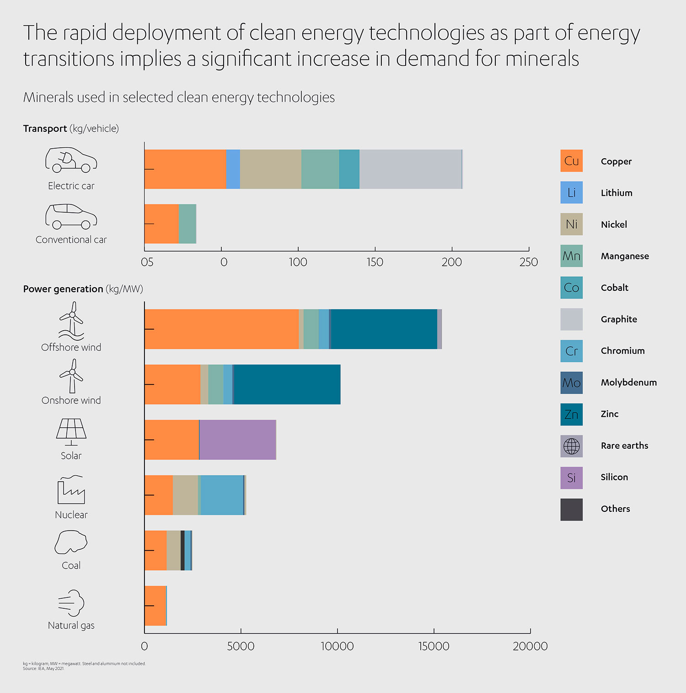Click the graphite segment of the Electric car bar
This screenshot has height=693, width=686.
tap(410, 169)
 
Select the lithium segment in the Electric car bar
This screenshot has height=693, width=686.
tap(233, 169)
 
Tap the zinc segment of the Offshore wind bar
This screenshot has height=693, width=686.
tap(384, 329)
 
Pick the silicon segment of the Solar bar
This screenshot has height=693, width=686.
tap(237, 440)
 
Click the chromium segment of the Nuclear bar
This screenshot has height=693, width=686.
tap(222, 495)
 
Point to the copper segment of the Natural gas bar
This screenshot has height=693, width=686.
tap(155, 606)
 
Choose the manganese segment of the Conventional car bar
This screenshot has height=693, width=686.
tap(187, 224)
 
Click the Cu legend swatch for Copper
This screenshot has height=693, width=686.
tap(572, 161)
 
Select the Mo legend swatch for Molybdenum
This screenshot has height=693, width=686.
tap(572, 382)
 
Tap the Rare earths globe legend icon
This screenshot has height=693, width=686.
tap(572, 446)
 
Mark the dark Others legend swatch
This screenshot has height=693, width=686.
tap(572, 509)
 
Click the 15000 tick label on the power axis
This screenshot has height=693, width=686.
tap(434, 646)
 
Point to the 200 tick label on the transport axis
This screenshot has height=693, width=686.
tap(451, 262)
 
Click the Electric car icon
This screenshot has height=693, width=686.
tap(71, 160)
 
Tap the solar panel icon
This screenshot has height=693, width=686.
tap(71, 431)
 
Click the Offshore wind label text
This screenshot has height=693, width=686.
tap(71, 347)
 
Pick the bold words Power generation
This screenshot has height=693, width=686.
tap(63, 289)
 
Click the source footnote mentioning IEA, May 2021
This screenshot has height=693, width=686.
tap(43, 669)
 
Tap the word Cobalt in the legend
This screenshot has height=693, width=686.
tap(614, 288)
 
